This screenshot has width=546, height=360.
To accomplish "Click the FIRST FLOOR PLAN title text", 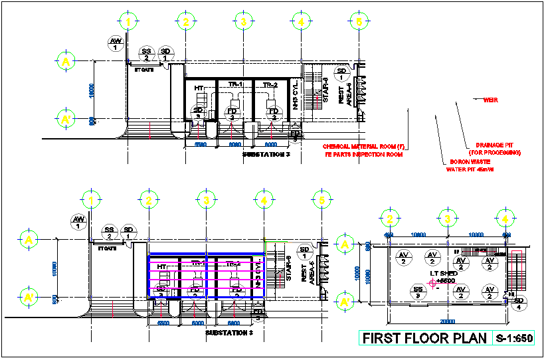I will coord(424,339).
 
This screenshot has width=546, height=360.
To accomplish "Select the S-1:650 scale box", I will coord(514,339).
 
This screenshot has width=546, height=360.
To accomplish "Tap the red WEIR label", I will coord(490,100).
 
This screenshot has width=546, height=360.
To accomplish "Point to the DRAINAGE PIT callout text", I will coord(494,149).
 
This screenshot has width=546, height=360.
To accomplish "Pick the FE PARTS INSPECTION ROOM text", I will coord(363,154).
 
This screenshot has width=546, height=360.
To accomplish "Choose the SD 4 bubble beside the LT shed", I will coord(519,302).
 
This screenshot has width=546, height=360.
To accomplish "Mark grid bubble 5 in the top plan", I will coord(359,22).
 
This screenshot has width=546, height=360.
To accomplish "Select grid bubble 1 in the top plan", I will coord(128,22).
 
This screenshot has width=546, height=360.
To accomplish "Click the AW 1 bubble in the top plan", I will coord(115,44).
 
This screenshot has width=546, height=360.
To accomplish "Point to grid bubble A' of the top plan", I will coord(66,120).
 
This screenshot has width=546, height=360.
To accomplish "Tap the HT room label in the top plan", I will coord(199,88).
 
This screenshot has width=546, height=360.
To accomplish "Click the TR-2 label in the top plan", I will coord(269,85).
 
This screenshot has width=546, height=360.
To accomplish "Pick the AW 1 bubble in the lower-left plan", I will coord(78,221).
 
